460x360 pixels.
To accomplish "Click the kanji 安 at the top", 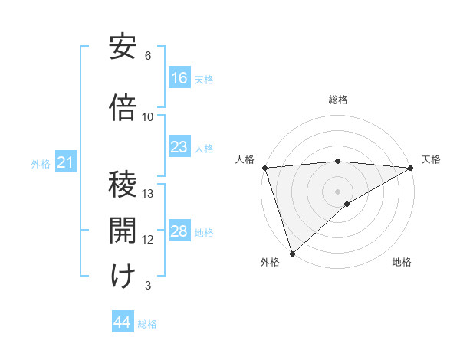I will (x=123, y=48).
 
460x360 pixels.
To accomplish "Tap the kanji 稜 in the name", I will (x=123, y=185).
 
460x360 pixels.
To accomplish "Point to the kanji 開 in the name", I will (x=123, y=231).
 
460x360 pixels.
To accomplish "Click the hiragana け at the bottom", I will (x=123, y=277).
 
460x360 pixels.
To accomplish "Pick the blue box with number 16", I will (x=179, y=78).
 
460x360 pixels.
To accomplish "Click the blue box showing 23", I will (x=179, y=147).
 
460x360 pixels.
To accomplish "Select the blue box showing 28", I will (x=179, y=231).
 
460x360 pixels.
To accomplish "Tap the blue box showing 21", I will (x=65, y=162).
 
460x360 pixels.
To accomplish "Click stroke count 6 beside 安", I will (x=148, y=56).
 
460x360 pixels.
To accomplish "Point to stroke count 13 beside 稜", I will (x=149, y=193).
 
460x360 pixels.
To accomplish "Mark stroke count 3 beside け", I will (x=148, y=286).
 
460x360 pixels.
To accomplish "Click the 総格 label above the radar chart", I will (x=338, y=100).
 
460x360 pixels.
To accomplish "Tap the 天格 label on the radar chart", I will (x=431, y=159).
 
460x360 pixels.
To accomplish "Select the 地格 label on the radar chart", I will (x=402, y=262).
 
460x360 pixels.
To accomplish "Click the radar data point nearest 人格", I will (x=264, y=168).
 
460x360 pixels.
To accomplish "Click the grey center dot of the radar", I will (x=338, y=191).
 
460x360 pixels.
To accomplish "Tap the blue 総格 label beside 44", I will (x=147, y=324).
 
